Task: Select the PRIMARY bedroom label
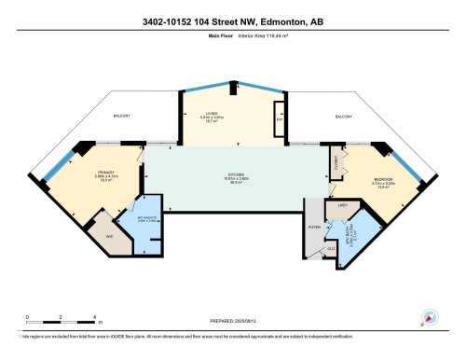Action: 104,173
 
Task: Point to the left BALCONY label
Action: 123,116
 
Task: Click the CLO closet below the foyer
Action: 330,249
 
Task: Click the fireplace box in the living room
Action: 279,119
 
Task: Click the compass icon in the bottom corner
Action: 430,317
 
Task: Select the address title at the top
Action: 233,21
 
